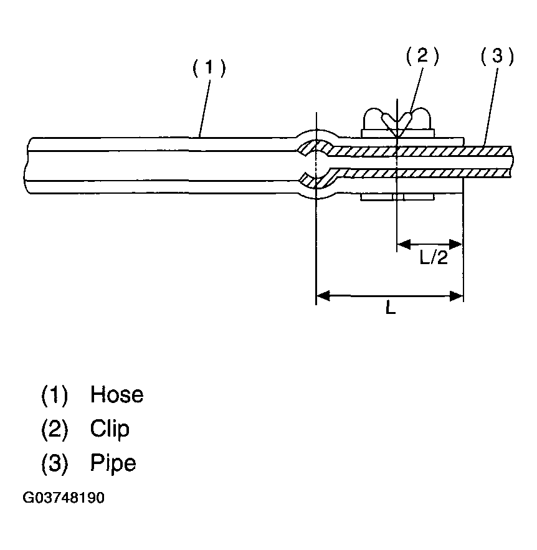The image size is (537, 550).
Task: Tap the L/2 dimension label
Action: coord(433,257)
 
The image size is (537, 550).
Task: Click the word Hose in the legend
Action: coord(116,395)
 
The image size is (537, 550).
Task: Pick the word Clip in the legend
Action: coord(110,429)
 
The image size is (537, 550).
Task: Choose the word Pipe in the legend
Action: coord(113,463)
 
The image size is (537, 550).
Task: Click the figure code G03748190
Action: coord(64,499)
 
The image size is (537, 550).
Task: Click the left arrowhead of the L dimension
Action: coord(322,296)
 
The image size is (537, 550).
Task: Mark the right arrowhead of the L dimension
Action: coord(457,296)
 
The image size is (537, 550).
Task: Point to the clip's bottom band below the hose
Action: coord(397,198)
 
